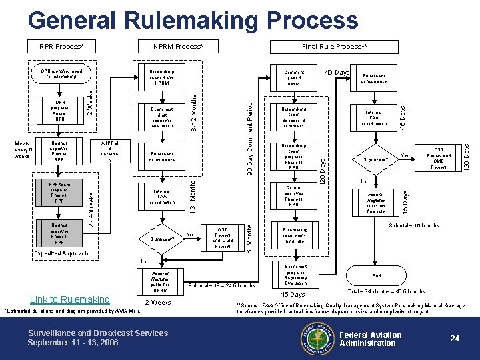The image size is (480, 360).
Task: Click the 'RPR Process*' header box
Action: pos(61,46)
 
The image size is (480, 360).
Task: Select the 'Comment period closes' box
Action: pos(294,77)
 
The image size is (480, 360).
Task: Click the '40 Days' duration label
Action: pos(337,72)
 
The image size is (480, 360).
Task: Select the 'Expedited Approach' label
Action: pos(61,254)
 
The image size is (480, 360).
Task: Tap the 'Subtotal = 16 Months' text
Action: pos(413,225)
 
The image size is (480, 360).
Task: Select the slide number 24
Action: pos(455,339)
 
